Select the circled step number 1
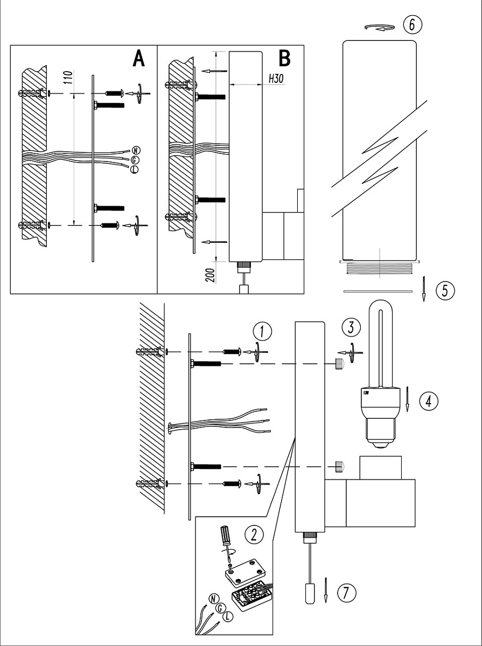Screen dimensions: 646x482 click(262, 331)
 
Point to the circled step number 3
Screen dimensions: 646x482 click(351, 327)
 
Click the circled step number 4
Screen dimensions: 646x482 click(428, 400)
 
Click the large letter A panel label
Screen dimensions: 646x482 click(138, 59)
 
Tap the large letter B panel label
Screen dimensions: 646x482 click(284, 59)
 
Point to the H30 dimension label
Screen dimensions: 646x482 click(276, 79)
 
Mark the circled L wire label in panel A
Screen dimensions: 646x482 click(134, 170)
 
